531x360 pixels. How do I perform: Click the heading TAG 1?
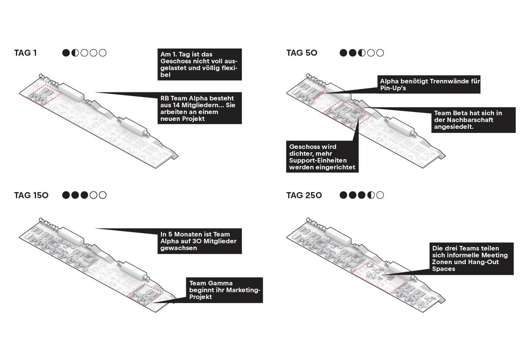[25, 53]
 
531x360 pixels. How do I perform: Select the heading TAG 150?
[31, 195]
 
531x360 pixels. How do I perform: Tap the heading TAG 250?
[304, 195]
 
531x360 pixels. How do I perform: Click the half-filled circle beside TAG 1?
[75, 53]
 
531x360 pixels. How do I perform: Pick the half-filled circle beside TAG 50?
[362, 53]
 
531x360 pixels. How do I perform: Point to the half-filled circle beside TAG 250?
[371, 195]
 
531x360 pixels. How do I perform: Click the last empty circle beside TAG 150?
[103, 195]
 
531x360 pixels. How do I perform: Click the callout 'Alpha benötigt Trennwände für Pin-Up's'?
[429, 85]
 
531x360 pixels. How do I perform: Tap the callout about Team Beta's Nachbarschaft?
[473, 120]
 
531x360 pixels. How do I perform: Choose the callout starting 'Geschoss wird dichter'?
[322, 157]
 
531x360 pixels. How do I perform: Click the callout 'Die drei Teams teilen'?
[471, 258]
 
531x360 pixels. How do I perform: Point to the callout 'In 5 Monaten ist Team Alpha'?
[199, 241]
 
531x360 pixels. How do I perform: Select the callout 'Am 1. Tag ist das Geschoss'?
[199, 64]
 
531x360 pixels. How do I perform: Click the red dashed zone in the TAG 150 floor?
[145, 294]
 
